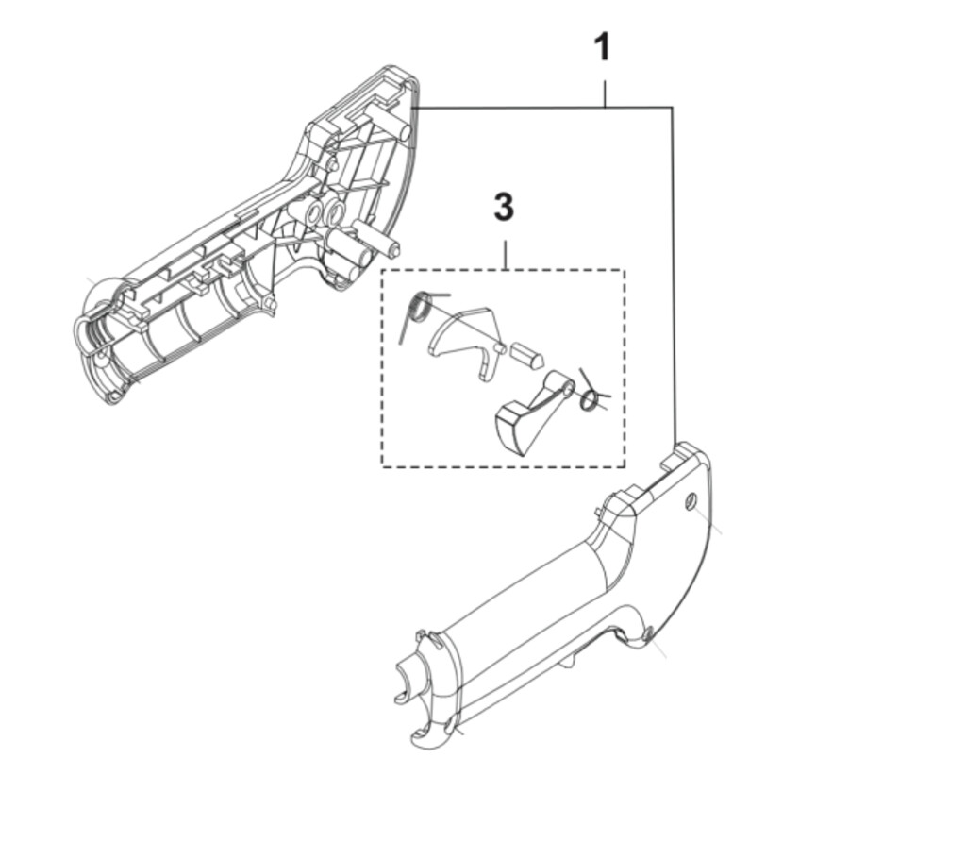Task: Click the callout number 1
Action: (x=602, y=47)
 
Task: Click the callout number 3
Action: (x=504, y=207)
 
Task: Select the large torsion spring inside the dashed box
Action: (x=421, y=306)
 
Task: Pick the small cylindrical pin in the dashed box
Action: (x=525, y=354)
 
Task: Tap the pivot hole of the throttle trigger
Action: (x=565, y=385)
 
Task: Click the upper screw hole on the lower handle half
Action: (x=690, y=500)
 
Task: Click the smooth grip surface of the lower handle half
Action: (x=528, y=623)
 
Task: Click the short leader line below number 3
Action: (x=505, y=255)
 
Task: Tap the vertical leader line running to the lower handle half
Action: (x=673, y=283)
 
